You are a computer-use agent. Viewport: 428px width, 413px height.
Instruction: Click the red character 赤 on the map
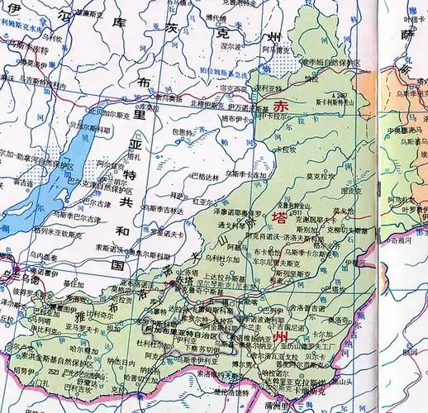[283, 107]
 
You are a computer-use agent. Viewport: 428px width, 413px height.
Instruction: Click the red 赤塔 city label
[183, 281]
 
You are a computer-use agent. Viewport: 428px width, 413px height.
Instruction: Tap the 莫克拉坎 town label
[321, 176]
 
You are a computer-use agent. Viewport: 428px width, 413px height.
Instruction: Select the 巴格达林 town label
[206, 176]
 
